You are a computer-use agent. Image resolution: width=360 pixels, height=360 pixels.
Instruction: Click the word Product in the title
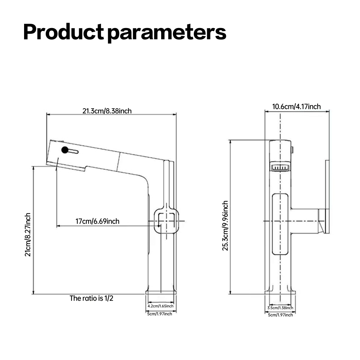pos(63,32)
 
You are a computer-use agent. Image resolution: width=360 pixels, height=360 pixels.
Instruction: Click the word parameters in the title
pos(167,33)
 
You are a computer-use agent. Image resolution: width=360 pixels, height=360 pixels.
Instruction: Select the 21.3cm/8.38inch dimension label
pos(107,111)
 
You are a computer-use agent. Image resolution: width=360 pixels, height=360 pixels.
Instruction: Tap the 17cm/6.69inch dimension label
pos(97,221)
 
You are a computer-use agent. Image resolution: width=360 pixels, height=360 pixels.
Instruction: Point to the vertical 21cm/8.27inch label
pos(28,234)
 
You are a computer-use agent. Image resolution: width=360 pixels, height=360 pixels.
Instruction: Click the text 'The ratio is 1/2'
pos(91,298)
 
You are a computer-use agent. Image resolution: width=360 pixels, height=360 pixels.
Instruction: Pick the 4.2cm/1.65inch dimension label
pos(161,306)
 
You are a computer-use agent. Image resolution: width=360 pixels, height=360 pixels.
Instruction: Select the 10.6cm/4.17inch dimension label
pos(296,106)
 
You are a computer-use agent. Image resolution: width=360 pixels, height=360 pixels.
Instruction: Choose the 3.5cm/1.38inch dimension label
pos(280,308)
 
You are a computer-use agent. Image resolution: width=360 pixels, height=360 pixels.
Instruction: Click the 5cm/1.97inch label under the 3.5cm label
pos(280,315)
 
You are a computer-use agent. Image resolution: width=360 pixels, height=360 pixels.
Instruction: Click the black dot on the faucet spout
pos(65,150)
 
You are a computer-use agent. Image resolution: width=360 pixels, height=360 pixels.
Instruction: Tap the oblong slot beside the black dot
pos(73,151)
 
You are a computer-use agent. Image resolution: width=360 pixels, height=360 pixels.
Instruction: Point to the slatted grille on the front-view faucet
pos(279,168)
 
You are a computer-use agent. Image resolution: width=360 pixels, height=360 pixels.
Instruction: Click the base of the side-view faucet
pos(161,291)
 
